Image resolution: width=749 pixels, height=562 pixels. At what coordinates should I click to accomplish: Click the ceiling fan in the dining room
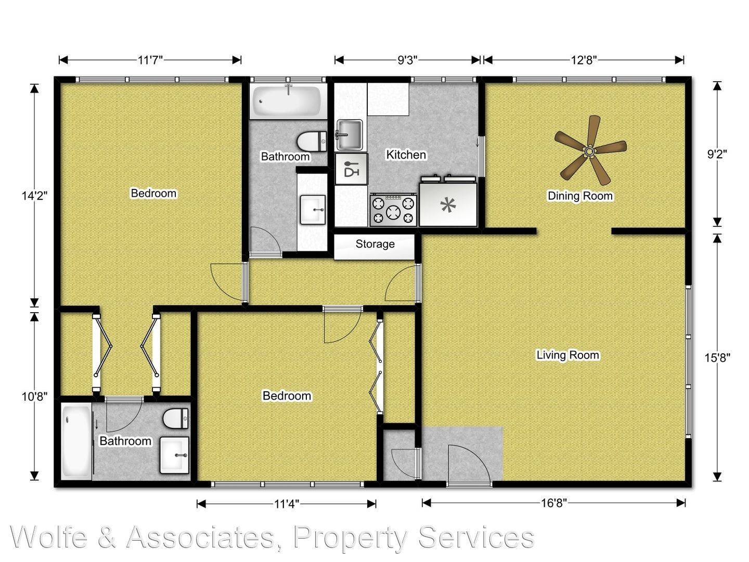click(590, 150)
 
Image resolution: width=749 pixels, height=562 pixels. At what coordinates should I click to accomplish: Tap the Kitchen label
click(406, 155)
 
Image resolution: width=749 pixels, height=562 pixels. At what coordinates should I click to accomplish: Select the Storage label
click(375, 244)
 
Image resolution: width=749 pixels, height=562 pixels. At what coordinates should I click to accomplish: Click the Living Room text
click(568, 355)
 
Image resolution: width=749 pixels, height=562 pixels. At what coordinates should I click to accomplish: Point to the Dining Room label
click(580, 196)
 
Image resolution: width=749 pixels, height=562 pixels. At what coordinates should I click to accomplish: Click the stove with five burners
click(393, 210)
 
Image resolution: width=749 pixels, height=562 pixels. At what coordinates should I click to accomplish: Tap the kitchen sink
click(350, 135)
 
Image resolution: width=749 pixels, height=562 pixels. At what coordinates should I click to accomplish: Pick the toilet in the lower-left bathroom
click(175, 418)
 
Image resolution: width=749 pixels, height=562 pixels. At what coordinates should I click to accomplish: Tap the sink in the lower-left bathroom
click(174, 455)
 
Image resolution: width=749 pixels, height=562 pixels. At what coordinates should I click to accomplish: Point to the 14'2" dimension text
click(35, 196)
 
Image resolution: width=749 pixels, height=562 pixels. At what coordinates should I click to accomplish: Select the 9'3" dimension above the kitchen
click(407, 60)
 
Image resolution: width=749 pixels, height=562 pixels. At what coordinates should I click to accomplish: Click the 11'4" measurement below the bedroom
click(287, 504)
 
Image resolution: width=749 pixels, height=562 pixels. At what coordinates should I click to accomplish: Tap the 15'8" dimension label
click(717, 357)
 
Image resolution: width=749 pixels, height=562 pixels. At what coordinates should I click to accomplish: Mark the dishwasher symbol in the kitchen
click(352, 169)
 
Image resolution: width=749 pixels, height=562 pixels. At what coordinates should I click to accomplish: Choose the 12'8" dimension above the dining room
click(584, 60)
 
